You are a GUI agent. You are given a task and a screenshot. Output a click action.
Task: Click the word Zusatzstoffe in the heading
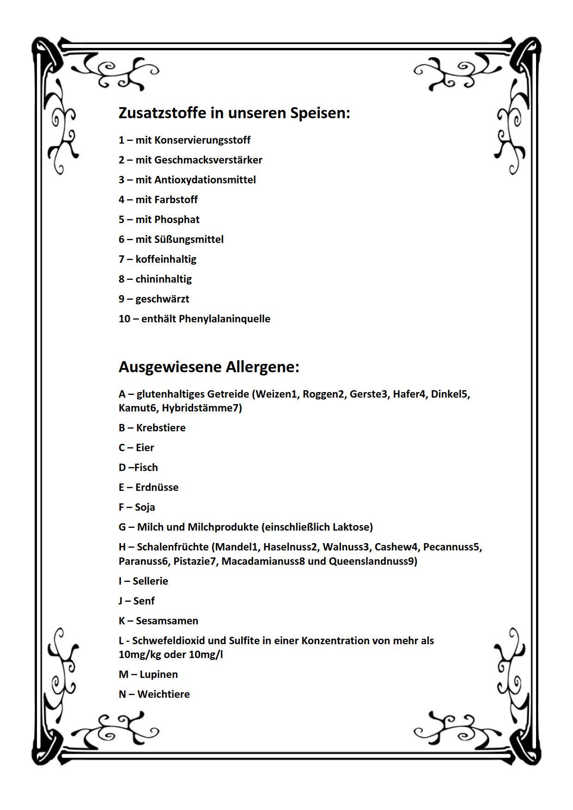click(163, 113)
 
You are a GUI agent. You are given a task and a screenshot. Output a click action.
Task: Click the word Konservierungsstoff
click(202, 140)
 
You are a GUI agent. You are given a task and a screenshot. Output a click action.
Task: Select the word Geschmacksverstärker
click(208, 160)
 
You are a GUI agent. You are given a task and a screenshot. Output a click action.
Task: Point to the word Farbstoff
click(176, 200)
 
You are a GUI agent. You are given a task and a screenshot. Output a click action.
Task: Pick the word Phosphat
click(177, 220)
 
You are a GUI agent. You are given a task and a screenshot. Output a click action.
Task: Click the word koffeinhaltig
click(166, 260)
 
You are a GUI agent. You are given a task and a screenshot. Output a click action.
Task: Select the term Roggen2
click(323, 394)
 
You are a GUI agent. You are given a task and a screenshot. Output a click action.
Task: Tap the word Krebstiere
click(161, 428)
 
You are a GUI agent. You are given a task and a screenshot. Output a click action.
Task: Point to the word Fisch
click(146, 468)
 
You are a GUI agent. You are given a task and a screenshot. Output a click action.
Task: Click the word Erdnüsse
click(157, 488)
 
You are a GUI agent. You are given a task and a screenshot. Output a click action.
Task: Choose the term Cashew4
click(396, 547)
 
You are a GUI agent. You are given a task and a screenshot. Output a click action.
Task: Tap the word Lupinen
click(158, 675)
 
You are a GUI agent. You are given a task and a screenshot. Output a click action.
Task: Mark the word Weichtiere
click(164, 695)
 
